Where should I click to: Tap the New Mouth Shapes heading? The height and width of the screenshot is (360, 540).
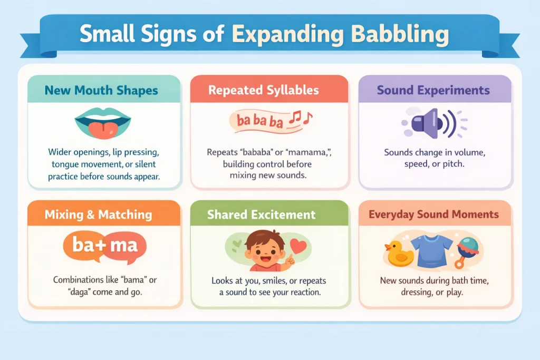point(101,90)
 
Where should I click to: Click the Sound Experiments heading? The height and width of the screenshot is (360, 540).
point(433,90)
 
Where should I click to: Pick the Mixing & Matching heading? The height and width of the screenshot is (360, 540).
point(98,215)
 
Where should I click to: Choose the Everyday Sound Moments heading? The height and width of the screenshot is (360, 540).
point(433,215)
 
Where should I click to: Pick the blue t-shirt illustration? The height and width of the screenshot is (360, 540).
point(431,250)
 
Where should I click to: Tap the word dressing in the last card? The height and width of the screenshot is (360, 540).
point(415,291)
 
